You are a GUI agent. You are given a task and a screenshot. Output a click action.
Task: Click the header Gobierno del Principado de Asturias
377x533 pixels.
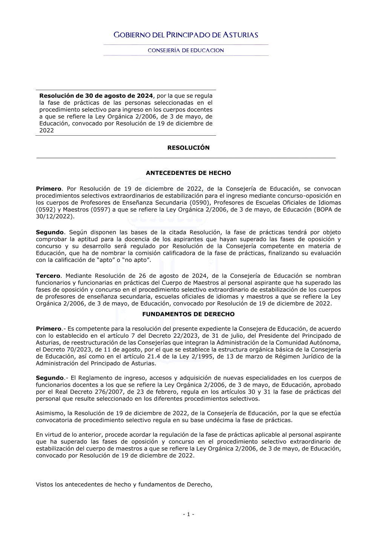pos(186,35)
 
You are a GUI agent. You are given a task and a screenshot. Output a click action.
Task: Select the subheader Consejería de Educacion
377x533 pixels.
pos(186,51)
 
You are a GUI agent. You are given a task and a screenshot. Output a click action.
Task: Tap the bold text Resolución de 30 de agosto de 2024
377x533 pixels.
pos(96,96)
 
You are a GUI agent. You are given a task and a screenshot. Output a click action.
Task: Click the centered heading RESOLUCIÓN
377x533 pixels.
pos(188,148)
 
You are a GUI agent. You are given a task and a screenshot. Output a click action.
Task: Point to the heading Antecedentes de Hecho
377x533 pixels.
pos(188,173)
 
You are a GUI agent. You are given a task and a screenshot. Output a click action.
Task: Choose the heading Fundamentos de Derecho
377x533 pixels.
pos(188,314)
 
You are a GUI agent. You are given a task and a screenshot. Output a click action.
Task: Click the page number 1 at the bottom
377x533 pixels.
pos(188,514)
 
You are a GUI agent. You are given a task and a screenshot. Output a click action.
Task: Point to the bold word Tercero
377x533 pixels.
pos(48,276)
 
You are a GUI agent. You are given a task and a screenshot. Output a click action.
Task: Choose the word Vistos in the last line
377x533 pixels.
pos(44,484)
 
